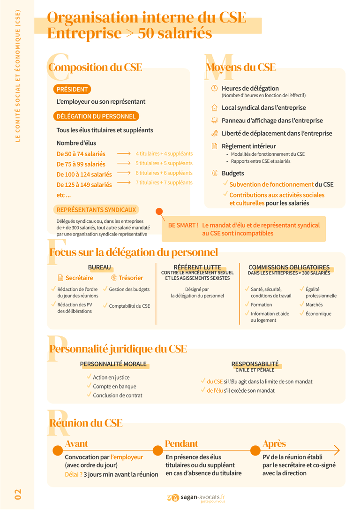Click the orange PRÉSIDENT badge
72,89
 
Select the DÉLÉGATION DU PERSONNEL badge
96,116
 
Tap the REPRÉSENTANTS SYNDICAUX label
96,210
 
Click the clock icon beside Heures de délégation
215,88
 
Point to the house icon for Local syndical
215,107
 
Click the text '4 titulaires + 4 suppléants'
164,153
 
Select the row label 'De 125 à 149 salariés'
84,185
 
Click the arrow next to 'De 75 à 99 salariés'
124,163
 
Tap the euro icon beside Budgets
215,173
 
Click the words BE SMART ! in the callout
183,225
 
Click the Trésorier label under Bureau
131,278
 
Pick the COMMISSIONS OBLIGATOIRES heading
289,267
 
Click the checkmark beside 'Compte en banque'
89,386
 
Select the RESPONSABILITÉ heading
255,364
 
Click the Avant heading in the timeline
76,444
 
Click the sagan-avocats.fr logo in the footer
196,498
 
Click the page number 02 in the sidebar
17,494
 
